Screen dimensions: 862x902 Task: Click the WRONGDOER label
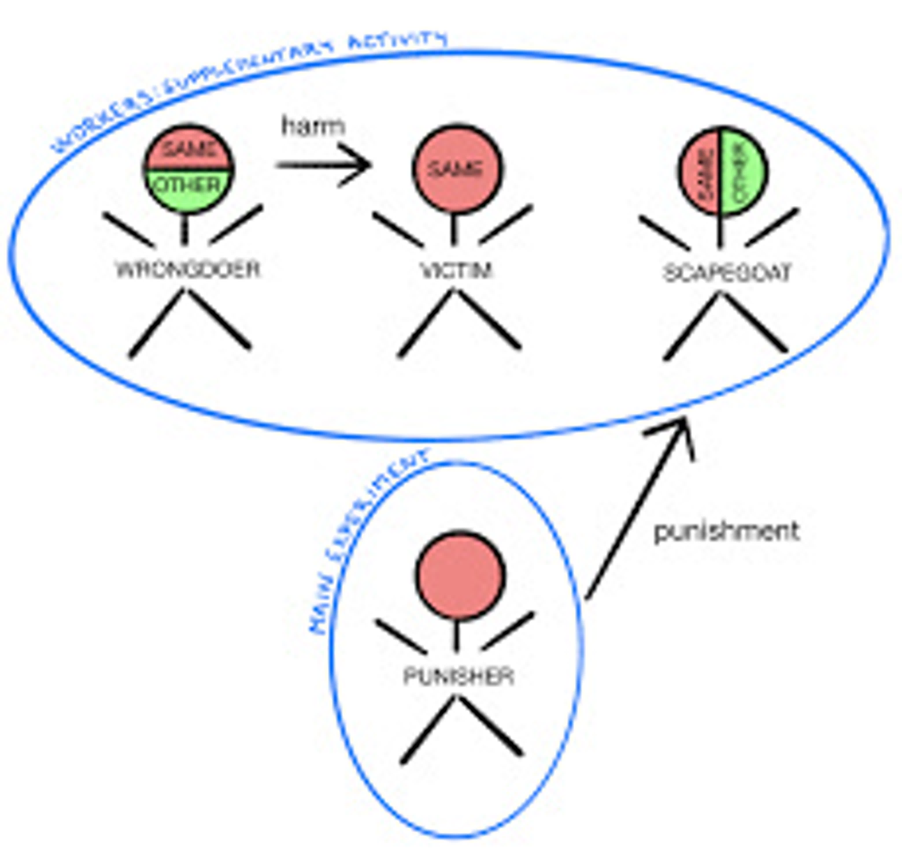pos(188,270)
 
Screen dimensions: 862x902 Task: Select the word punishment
pos(727,532)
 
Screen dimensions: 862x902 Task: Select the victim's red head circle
pos(457,169)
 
